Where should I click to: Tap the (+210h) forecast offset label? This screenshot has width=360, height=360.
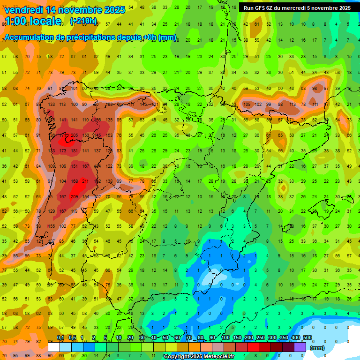coord(83,21)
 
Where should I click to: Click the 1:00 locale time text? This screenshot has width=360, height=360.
coord(33,21)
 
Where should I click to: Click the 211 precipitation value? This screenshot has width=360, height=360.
coord(85,181)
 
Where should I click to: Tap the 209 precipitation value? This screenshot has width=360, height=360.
coord(74,197)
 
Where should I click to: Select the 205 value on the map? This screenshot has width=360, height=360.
coord(74,135)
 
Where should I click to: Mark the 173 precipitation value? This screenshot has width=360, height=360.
coord(63,151)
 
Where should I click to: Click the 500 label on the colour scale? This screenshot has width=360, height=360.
coord(307,338)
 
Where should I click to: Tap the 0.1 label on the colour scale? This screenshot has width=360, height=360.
coord(60,338)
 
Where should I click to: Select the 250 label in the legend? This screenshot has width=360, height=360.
coord(260,338)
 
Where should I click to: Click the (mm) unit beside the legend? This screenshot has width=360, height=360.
coord(318,348)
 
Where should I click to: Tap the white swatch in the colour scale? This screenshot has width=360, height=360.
coord(54,347)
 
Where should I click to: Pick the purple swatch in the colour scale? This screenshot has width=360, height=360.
coord(300,347)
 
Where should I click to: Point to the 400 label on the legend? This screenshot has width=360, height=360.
coord(295,338)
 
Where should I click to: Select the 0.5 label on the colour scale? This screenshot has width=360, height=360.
coord(72,338)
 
